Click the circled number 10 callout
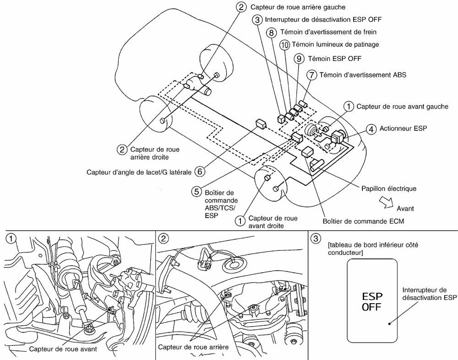pyautogui.click(x=285, y=44)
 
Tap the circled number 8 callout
pyautogui.click(x=272, y=33)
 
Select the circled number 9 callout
pyautogui.click(x=299, y=59)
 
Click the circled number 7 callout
pyautogui.click(x=312, y=74)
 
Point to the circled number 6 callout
pyautogui.click(x=199, y=172)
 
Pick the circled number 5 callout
pyautogui.click(x=196, y=192)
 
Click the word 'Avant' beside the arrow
pyautogui.click(x=405, y=208)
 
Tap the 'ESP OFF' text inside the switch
pyautogui.click(x=372, y=301)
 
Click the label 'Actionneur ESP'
pyautogui.click(x=403, y=129)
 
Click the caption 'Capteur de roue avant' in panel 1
pyautogui.click(x=62, y=348)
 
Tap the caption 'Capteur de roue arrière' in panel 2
pyautogui.click(x=193, y=347)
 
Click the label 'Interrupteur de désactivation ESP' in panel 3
pyautogui.click(x=430, y=294)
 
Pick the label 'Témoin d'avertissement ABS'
pyautogui.click(x=363, y=74)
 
